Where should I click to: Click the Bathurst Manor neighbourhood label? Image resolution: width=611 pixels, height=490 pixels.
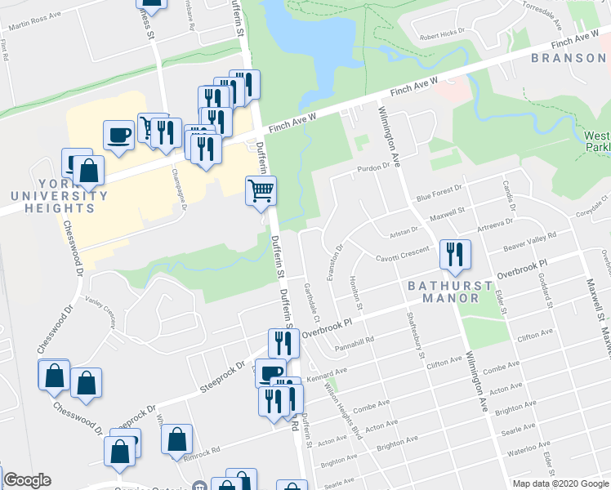point(451,292)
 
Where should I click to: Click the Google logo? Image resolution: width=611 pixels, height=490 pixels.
point(27,480)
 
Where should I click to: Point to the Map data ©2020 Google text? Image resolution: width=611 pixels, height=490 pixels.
point(560,483)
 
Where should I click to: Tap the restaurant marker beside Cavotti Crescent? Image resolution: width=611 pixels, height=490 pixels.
point(455,254)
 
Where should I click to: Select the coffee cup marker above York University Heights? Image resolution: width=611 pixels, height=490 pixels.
point(118,135)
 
